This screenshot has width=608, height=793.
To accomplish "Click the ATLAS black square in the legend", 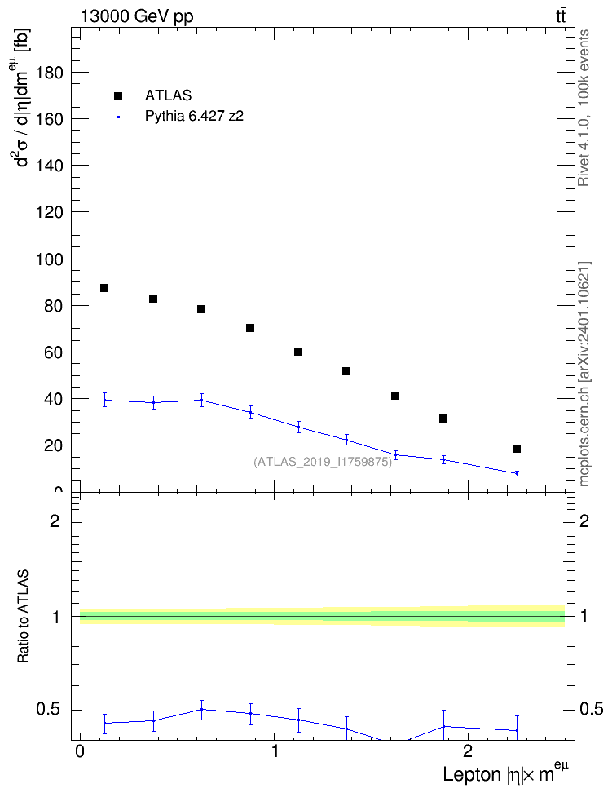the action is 118,96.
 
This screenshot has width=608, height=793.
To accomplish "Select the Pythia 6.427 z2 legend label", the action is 194,117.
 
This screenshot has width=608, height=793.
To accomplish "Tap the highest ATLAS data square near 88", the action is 104,288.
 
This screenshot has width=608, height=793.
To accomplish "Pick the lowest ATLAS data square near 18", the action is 517,449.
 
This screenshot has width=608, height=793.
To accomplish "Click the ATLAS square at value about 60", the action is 298,352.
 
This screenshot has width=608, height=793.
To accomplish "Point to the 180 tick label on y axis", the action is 50,73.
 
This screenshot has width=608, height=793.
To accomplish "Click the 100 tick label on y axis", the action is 50,259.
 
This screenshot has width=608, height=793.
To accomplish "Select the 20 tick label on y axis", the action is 55,445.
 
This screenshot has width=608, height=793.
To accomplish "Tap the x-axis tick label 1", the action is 275,751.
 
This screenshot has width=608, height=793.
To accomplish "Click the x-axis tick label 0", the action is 80,751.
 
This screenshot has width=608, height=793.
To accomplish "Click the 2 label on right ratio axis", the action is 584,521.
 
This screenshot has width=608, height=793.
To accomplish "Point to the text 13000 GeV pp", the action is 137,16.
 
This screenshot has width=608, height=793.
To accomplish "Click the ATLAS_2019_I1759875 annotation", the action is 323,462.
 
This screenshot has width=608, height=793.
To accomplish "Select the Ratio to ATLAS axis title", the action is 23,617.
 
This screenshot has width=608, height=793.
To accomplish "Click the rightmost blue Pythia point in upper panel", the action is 517,473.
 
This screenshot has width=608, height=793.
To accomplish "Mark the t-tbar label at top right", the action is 561,16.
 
